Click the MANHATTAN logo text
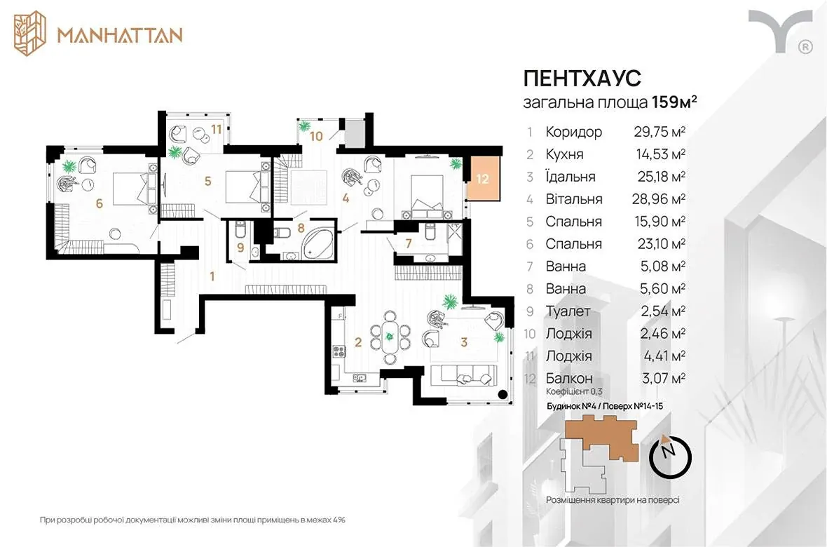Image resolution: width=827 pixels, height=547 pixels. coord(121,35)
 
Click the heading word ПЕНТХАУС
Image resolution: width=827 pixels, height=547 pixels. coord(582,78)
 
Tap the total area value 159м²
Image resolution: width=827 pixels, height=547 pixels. coord(675,102)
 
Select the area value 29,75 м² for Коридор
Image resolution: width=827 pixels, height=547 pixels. coord(659,131)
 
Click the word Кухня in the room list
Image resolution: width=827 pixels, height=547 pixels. coord(564,154)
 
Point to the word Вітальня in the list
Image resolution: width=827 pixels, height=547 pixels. coord(574,199)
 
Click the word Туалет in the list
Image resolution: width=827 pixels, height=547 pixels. coord(568,311)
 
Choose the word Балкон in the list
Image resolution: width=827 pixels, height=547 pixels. coord(569,378)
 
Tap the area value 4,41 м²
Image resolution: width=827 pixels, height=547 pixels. coord(664,356)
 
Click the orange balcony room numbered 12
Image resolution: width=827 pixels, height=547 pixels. coord(483,178)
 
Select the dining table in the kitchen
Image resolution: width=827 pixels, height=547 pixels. coord(390,337)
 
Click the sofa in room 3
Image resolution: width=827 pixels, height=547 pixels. coord(463,374)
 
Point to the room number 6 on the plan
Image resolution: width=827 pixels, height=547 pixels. coord(99,203)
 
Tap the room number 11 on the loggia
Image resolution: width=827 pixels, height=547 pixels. coord(217,128)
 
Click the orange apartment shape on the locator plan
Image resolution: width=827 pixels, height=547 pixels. coord(602,437)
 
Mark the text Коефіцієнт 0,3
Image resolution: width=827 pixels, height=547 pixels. coord(574,392)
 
